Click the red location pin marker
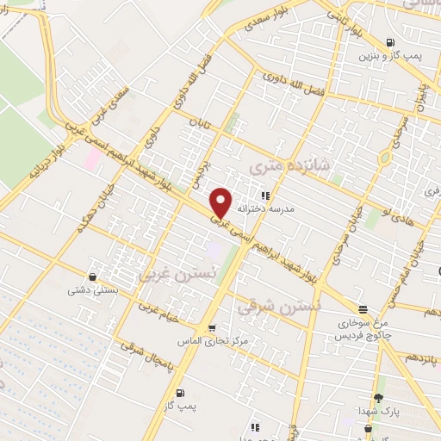221,202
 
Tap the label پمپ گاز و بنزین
392,56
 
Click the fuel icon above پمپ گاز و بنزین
392,41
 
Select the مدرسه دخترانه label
270,209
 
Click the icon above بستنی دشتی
92,276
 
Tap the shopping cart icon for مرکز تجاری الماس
212,327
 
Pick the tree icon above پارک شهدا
377,397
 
